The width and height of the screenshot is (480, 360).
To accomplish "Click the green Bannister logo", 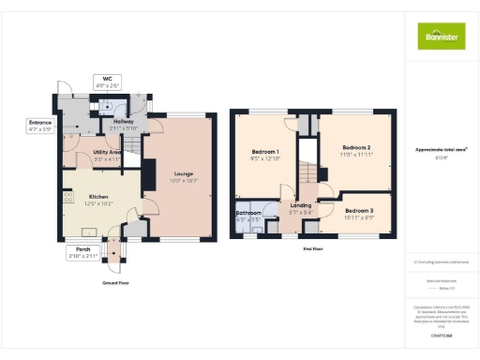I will point(440,37).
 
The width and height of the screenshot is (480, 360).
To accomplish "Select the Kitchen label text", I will point(97,197).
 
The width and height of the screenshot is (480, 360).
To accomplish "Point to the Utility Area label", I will point(108,152).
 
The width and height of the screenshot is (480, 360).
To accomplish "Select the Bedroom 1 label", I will point(266,151).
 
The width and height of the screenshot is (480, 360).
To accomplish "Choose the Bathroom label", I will point(248,214).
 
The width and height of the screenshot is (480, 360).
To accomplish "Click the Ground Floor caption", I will point(116,281).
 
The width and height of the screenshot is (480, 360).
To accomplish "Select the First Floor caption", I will point(313,249).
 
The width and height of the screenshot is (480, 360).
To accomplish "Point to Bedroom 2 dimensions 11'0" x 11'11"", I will point(357,154).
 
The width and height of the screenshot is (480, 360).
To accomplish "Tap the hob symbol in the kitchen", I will point(68,198).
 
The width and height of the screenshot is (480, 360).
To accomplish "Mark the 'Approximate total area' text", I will point(440,149).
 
